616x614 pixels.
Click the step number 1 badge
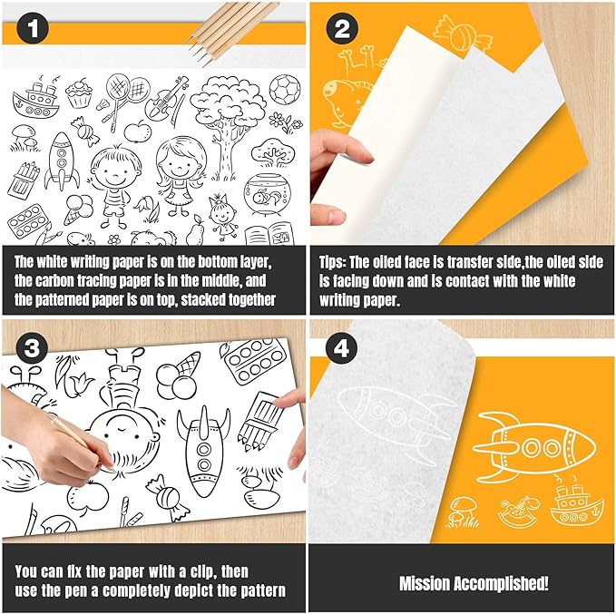tap(33, 29)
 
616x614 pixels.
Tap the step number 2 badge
tap(342, 29)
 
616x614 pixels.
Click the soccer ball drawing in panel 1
tap(285, 90)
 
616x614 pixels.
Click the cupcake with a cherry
tap(79, 93)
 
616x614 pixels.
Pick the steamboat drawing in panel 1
tap(35, 99)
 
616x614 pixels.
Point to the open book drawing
tap(269, 234)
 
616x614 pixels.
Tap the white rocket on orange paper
tap(533, 446)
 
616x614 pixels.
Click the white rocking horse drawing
tap(518, 511)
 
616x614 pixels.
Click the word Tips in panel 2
tap(332, 262)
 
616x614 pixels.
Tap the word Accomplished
tap(501, 583)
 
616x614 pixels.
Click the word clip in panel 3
tap(202, 572)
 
